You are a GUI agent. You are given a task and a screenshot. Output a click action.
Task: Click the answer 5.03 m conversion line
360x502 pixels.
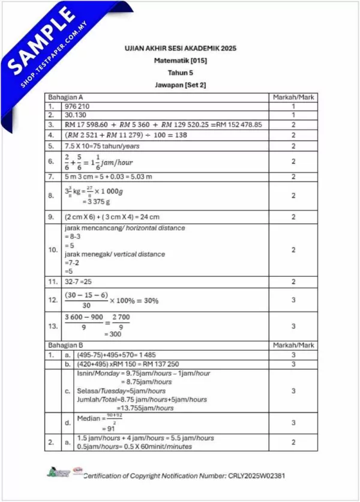(105, 177)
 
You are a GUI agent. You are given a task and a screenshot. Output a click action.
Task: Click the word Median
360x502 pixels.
(90, 419)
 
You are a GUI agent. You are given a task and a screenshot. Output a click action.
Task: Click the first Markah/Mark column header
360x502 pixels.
(293, 97)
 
